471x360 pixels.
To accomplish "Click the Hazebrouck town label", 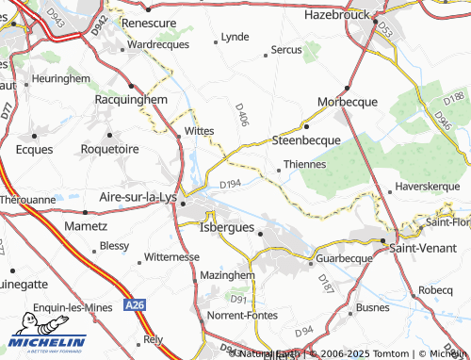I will [340, 16].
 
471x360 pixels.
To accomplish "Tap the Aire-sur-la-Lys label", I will [138, 197].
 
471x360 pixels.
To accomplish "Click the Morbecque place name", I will [347, 101].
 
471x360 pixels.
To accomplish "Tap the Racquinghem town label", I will [131, 98].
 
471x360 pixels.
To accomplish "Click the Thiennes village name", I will [304, 164].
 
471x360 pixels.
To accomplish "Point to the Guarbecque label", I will [345, 256].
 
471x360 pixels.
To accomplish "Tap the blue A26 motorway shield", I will [136, 304].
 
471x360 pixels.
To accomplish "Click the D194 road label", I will [231, 184].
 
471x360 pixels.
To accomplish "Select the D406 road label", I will [241, 117].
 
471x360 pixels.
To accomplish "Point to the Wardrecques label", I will [158, 44].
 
